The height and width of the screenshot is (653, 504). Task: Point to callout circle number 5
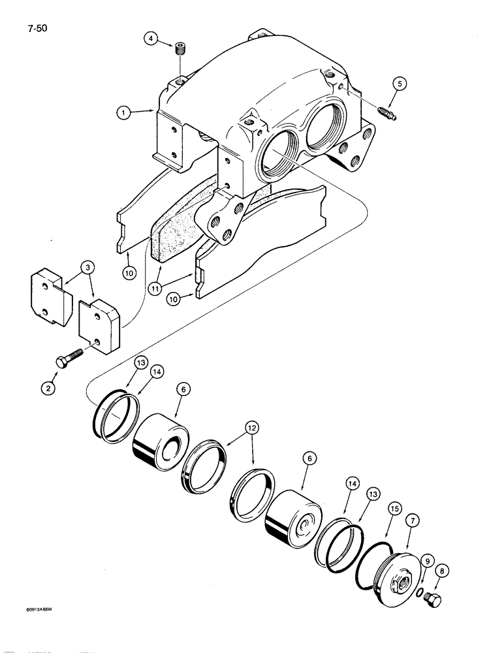click(400, 83)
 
